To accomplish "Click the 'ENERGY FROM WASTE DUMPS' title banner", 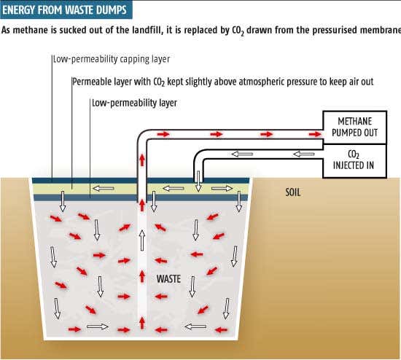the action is point(66,10).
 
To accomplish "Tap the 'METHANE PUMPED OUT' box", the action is point(355,127).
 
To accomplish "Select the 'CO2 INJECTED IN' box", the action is point(355,160).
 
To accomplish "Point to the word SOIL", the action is point(293,192).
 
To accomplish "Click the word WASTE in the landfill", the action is point(168,278).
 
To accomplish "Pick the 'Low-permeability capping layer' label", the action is point(112,59).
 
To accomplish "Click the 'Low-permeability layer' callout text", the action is point(134,103).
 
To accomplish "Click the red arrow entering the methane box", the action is point(315,134).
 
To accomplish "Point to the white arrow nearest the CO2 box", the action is point(304,154).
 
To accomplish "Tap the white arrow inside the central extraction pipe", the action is point(142,240).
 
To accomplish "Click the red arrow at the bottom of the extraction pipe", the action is point(142,323).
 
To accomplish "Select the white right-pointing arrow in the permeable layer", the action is point(222,189).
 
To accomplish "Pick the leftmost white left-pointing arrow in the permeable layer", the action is point(104,189).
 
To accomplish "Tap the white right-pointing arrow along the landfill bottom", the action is point(98,326).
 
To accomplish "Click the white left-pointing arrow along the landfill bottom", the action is point(195,326).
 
